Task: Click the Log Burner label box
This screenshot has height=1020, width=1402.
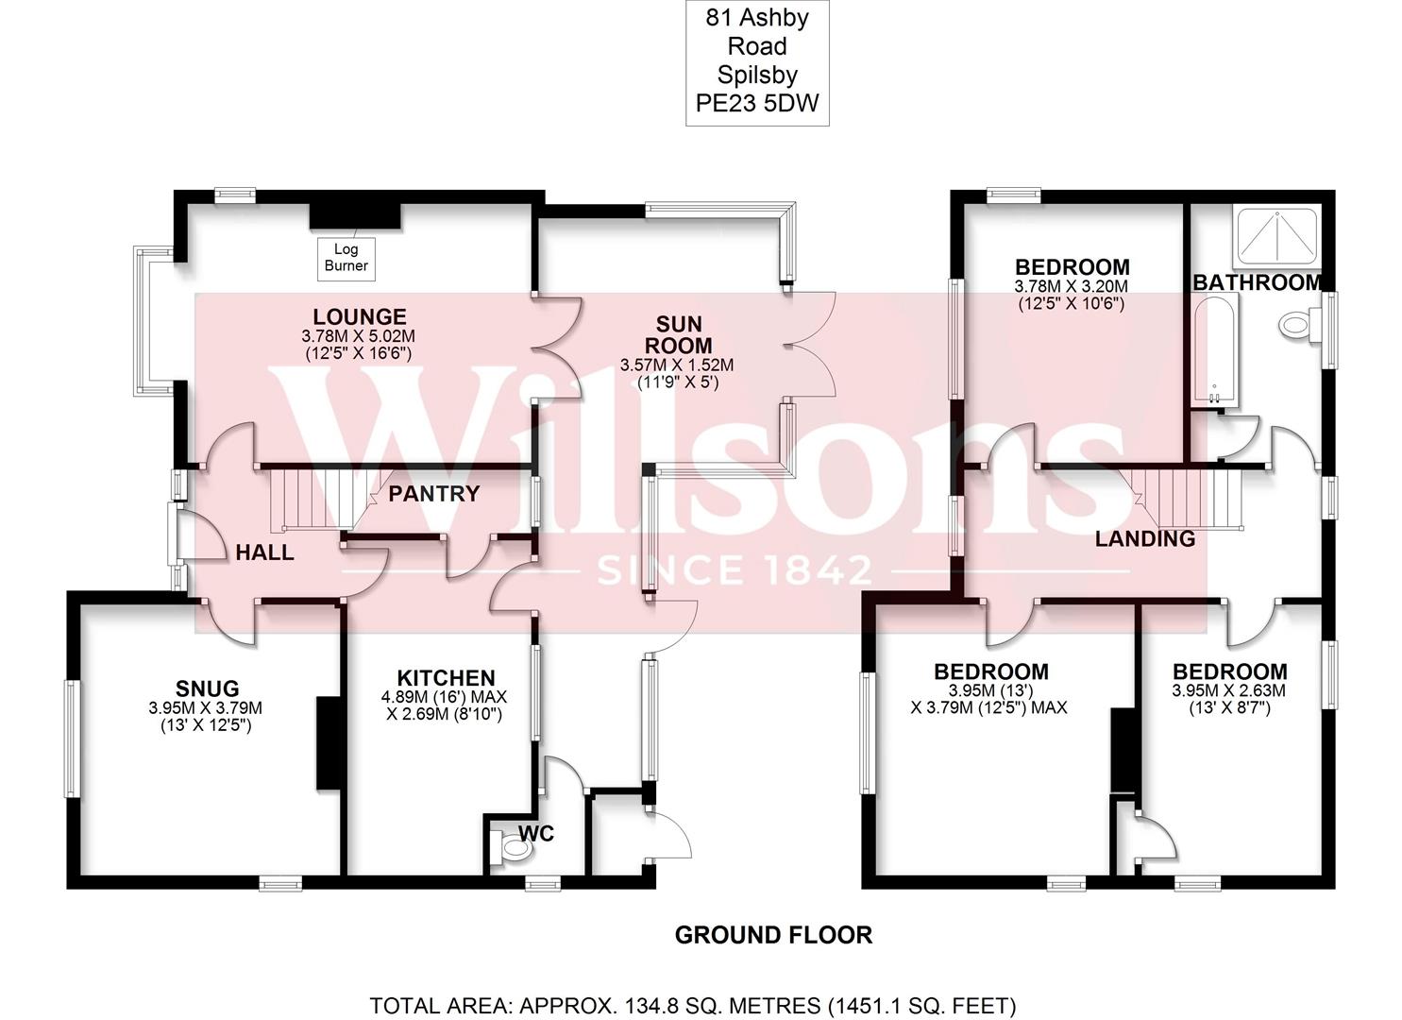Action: point(346,258)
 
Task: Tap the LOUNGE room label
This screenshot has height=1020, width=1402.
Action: point(359,317)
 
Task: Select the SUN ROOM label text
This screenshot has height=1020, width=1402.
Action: point(677,335)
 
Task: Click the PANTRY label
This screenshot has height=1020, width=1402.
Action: point(434,493)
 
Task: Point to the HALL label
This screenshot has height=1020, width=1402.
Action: point(264,552)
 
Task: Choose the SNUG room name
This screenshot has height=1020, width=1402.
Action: point(207,688)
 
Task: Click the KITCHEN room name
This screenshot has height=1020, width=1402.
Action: point(446,677)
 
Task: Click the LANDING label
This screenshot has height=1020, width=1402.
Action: point(1144,539)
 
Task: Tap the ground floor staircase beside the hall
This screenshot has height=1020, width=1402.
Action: point(312,501)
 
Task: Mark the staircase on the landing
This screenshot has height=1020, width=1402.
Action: point(1194,498)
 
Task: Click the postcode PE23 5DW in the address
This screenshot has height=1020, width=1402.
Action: point(757,103)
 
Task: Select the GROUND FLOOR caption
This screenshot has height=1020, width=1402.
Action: point(773,935)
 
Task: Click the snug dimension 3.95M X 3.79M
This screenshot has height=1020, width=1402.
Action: point(205,707)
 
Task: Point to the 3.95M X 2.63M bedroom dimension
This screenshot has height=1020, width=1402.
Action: point(1229,690)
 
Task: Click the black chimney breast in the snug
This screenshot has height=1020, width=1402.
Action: point(328,743)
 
